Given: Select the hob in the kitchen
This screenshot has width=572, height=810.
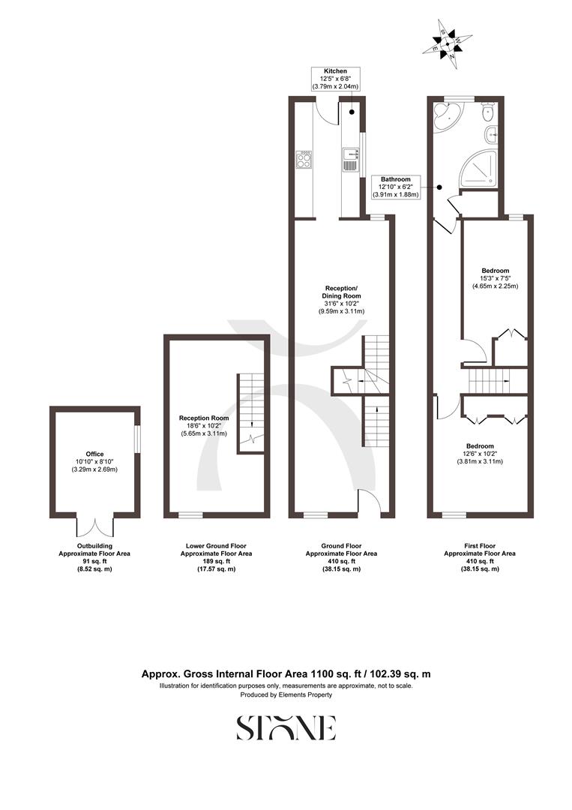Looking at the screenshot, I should coord(304,160).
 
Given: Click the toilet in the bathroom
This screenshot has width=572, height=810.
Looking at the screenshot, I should coord(488,114).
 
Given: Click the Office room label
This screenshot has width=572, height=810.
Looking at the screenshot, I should coord(94,454).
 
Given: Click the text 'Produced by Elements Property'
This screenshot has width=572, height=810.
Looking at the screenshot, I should coord(286,695).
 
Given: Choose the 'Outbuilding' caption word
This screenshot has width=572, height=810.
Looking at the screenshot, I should coord(94,546).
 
